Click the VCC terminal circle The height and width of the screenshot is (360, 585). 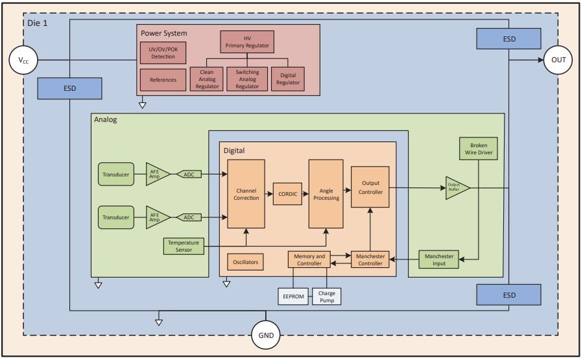coord(23,61)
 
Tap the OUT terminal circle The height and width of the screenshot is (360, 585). coord(558,60)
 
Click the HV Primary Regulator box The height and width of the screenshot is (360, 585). coord(246,43)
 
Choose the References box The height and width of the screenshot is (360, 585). coord(162,80)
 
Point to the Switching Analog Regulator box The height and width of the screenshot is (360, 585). coord(247,79)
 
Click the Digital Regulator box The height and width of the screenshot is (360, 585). coord(288,79)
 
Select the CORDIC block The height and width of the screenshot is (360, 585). coord(287,193)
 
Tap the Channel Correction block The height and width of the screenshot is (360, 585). coord(246,193)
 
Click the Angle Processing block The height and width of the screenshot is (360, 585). coord(326,193)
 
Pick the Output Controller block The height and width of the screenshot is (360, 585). coord(370,187)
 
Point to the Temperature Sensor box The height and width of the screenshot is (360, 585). coord(184,246)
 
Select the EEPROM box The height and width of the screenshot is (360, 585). coord(292,296)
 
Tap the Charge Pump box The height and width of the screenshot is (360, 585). coord(326,296)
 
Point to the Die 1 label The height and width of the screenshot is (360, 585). coord(37,23)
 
